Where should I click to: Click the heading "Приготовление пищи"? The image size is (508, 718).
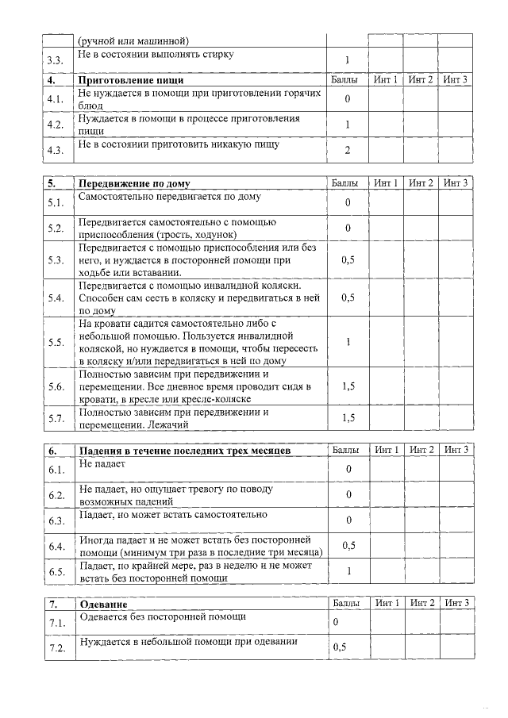(131, 80)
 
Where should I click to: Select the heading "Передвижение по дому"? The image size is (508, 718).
(134, 183)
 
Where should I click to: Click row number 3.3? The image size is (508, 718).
(55, 60)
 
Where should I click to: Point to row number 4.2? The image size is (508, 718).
(55, 125)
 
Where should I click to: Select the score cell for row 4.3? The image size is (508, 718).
(348, 150)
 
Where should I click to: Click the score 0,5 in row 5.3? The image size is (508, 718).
(348, 259)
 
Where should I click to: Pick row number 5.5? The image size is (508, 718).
(56, 342)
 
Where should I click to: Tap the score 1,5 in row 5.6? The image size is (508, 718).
(348, 386)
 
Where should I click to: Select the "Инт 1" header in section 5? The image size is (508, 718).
(386, 183)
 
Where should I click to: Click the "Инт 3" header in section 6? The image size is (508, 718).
(456, 450)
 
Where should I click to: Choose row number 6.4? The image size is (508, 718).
(56, 546)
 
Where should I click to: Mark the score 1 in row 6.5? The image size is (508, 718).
(348, 571)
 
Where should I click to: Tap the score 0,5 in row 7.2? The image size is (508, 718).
(340, 647)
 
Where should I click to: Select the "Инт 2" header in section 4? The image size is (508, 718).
(421, 80)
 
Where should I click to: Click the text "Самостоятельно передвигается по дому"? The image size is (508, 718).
(169, 196)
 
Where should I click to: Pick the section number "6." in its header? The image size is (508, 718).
(53, 450)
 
